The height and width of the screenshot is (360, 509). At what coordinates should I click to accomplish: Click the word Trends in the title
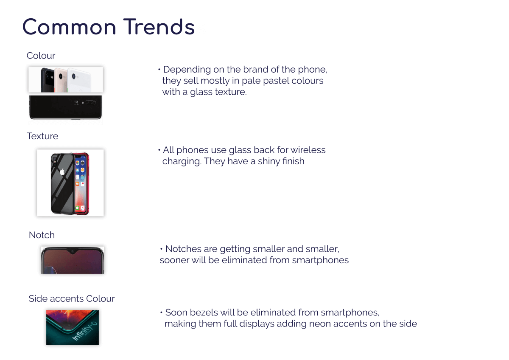click(159, 27)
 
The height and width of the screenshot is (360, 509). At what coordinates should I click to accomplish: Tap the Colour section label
click(41, 56)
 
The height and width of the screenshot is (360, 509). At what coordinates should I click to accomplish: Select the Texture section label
click(42, 136)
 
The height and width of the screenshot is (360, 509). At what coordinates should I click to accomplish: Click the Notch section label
click(42, 235)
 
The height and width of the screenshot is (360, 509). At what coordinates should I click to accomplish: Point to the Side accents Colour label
click(72, 298)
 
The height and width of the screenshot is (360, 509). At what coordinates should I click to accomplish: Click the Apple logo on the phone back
click(62, 172)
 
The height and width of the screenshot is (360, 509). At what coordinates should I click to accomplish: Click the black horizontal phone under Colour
click(65, 107)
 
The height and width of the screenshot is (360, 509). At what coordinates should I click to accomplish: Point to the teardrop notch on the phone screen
click(73, 251)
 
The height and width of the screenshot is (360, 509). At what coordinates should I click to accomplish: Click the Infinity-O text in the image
click(84, 331)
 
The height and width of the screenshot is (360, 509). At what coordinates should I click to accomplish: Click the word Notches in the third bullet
click(183, 249)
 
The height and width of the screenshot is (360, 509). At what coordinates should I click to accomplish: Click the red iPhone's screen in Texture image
click(81, 184)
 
